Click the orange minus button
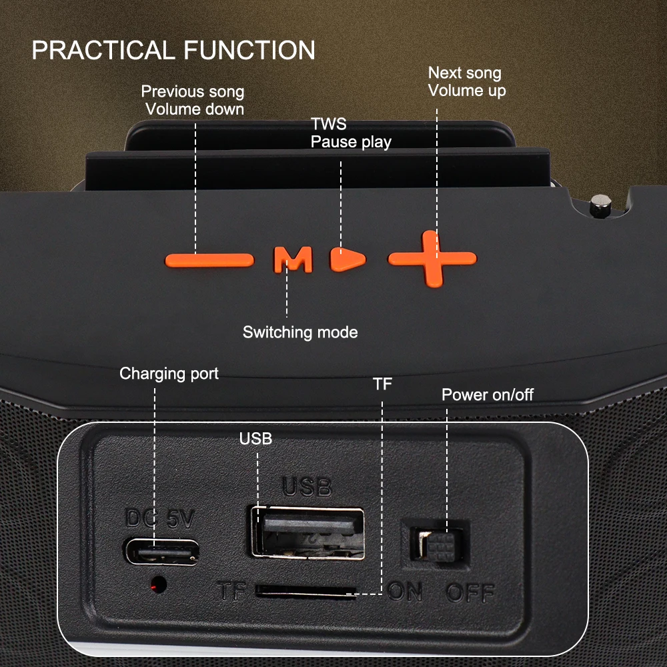coord(209,260)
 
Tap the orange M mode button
coord(293,259)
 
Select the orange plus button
coord(432,259)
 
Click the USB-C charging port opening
coord(161,552)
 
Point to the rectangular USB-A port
coord(307,532)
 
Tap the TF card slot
coord(305,591)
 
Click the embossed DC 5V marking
coord(160,518)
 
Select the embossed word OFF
coord(470,592)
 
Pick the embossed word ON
coord(405,592)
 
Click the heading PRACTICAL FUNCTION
coord(173,50)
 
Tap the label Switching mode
coord(300,332)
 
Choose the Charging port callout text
coord(169,374)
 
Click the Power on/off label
coord(488,395)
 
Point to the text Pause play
coord(351,142)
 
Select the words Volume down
coord(195,109)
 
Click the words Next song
coord(464,73)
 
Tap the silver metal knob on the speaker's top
coord(600,205)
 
